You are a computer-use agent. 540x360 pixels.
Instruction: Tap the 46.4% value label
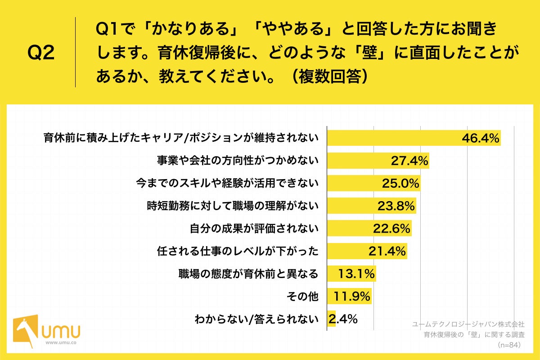[x=481, y=139]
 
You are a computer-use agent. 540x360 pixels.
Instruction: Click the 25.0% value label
[x=400, y=184]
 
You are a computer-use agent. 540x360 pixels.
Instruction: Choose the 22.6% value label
[x=391, y=229]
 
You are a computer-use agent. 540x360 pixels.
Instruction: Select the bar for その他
[x=349, y=297]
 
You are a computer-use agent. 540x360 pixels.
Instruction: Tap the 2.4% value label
[x=343, y=319]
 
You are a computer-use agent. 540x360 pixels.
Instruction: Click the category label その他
[x=302, y=297]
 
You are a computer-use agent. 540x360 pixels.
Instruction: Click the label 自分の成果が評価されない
[x=254, y=229]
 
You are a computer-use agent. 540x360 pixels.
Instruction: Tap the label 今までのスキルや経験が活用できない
[x=227, y=183]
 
